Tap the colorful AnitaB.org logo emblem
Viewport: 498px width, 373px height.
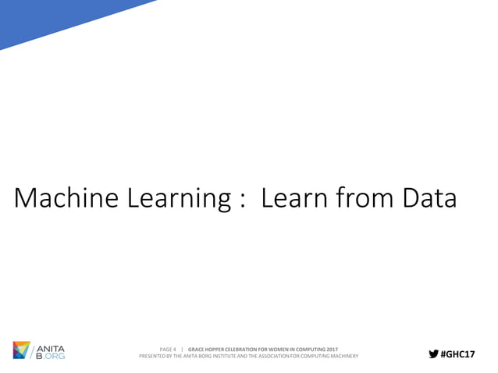click(23, 350)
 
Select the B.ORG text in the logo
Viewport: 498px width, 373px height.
click(51, 355)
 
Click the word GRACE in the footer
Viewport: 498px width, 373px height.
click(197, 347)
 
